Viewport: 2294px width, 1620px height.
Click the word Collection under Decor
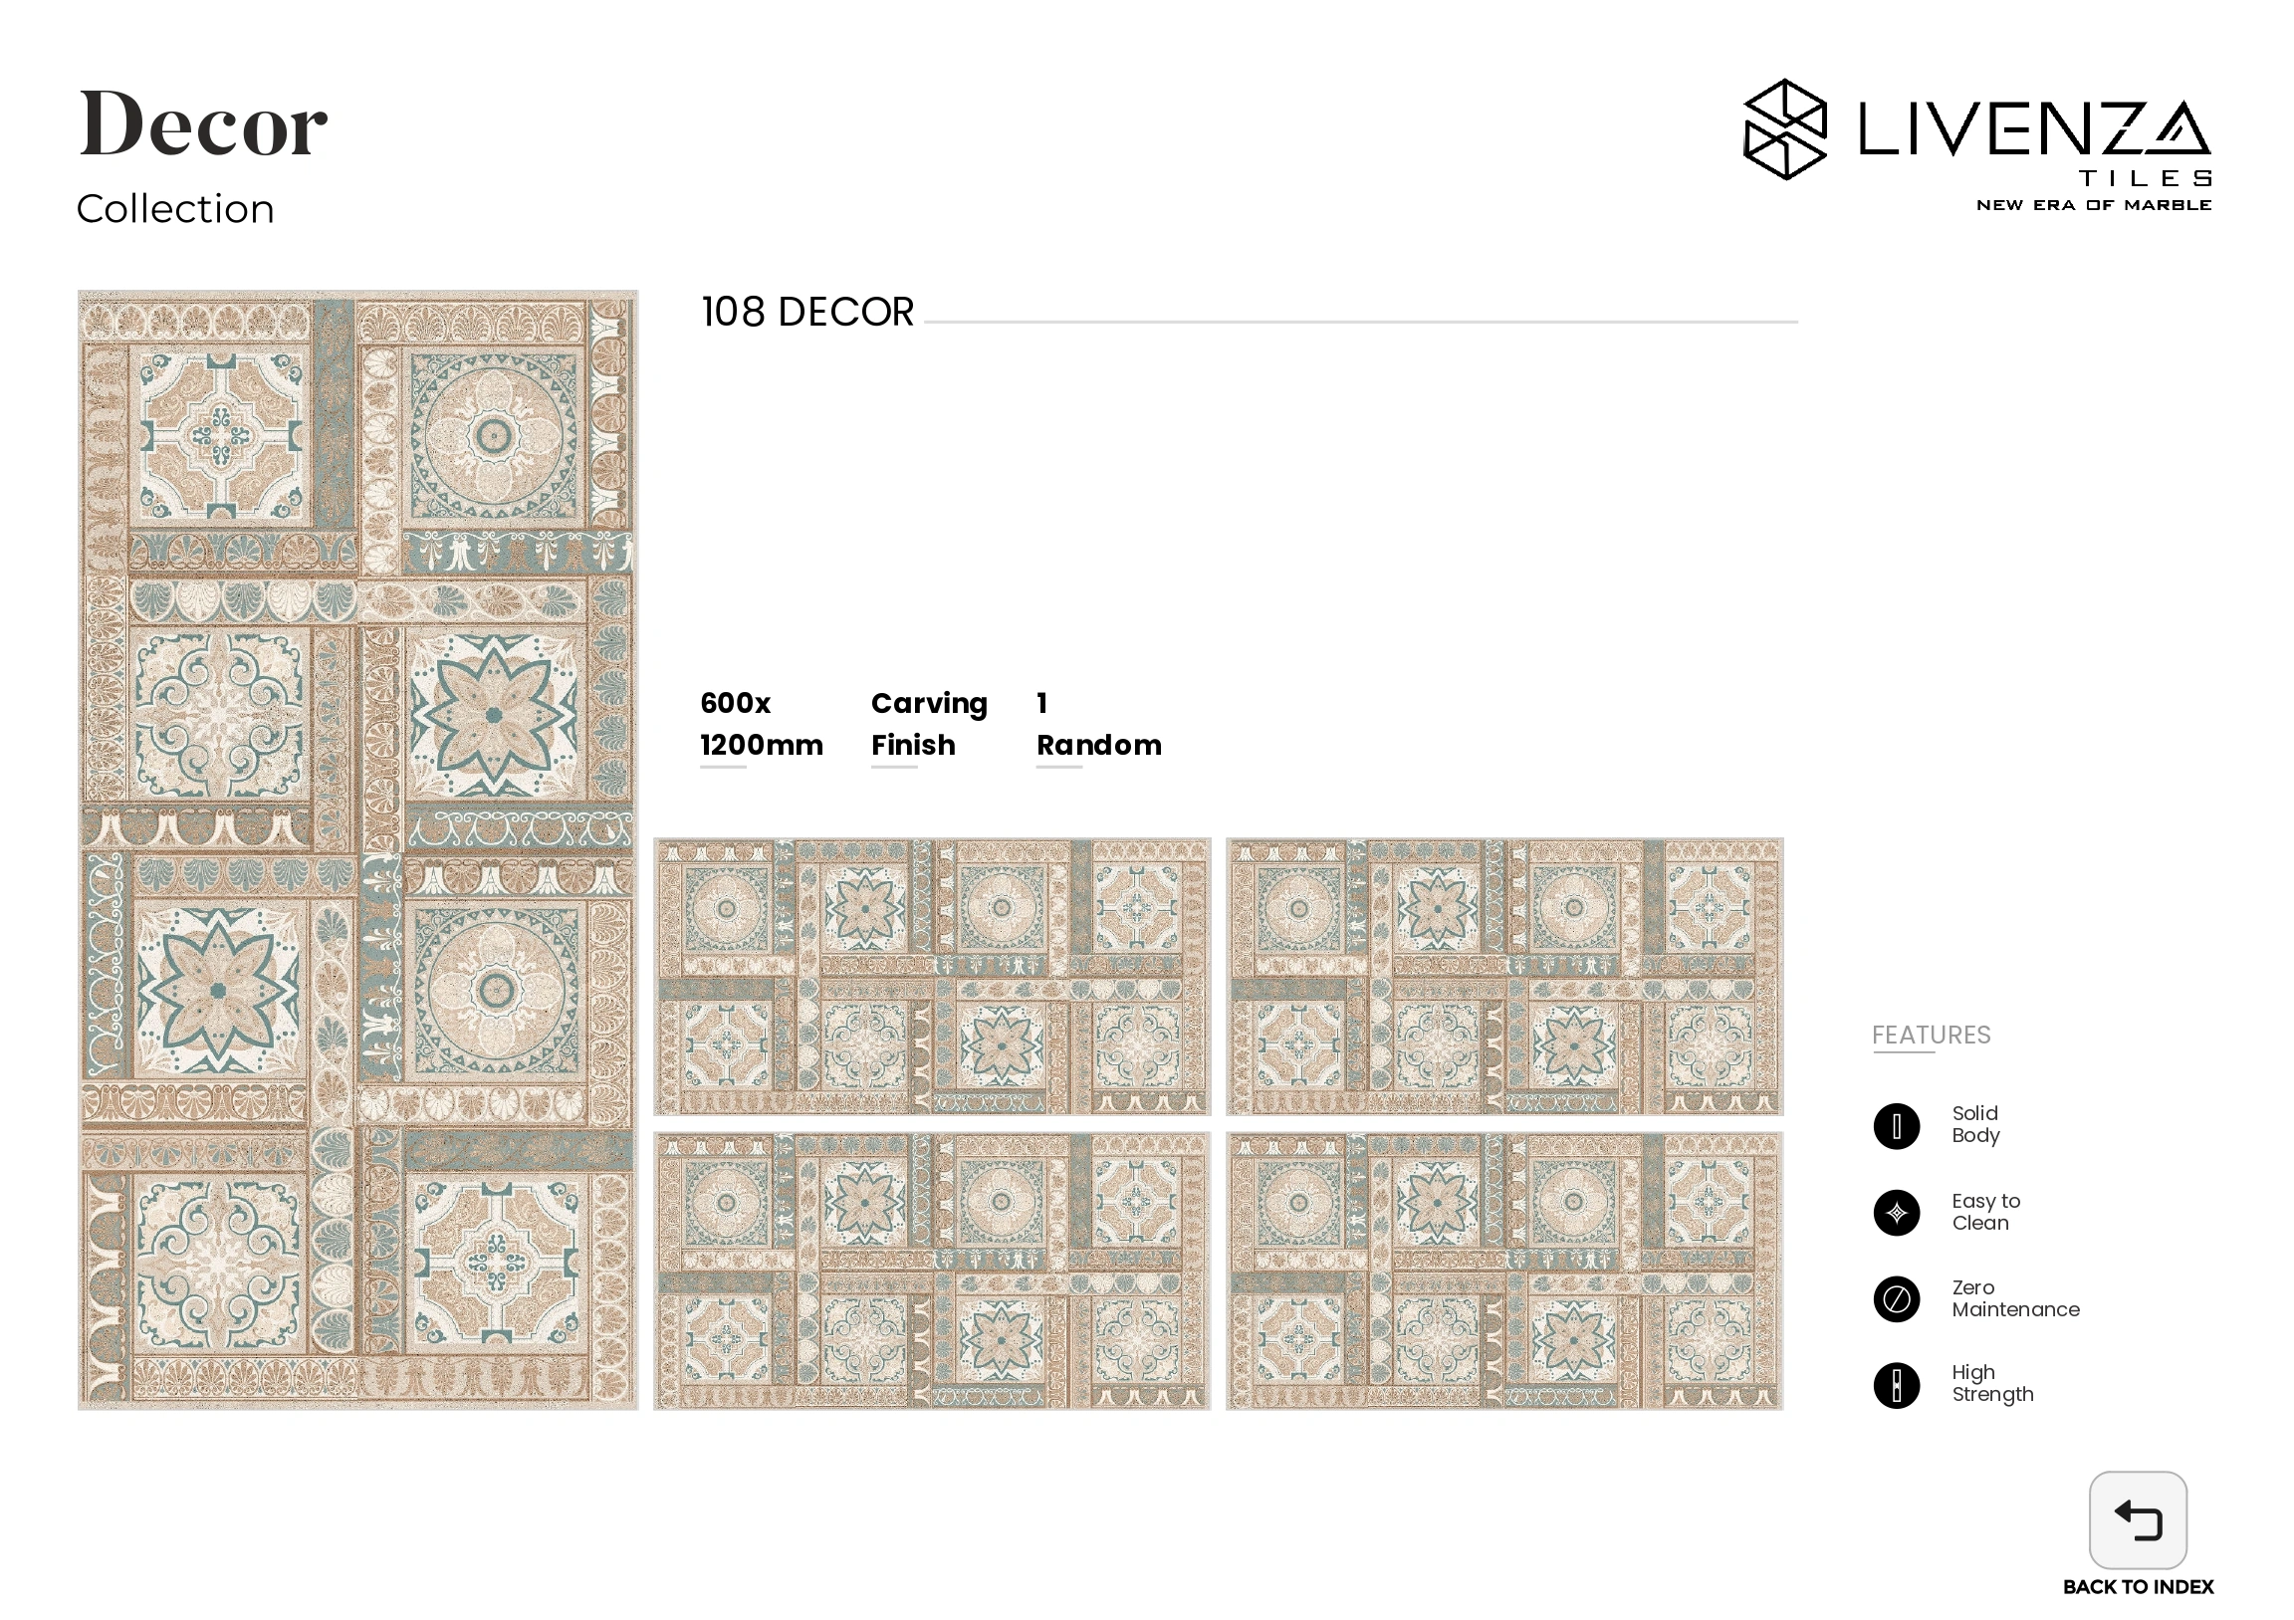coord(175,209)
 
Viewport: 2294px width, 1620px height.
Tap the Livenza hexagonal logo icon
coord(1784,129)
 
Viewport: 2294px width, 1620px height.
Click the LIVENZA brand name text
coord(2032,129)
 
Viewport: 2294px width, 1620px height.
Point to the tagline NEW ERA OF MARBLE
coord(2093,205)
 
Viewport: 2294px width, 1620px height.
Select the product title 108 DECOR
coord(807,312)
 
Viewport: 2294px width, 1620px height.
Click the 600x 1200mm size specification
coord(762,724)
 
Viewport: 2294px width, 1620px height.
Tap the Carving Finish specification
coord(928,724)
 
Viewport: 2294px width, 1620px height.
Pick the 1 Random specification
coord(1098,724)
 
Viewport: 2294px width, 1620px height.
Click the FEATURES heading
coord(1931,1035)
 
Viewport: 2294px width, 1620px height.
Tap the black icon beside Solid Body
coord(1897,1126)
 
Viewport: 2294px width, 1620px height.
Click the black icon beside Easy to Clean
coord(1897,1213)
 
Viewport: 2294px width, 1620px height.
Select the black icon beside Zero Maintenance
coord(1897,1299)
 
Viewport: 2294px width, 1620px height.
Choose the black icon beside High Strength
coord(1897,1385)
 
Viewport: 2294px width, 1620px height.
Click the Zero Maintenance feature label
coord(2014,1298)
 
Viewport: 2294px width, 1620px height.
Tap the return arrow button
coord(2137,1519)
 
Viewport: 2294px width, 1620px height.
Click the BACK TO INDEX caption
coord(2137,1587)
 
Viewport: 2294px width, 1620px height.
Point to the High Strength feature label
coord(1992,1383)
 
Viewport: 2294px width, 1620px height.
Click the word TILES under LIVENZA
coord(2144,179)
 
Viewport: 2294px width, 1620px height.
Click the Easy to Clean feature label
coord(1985,1211)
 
